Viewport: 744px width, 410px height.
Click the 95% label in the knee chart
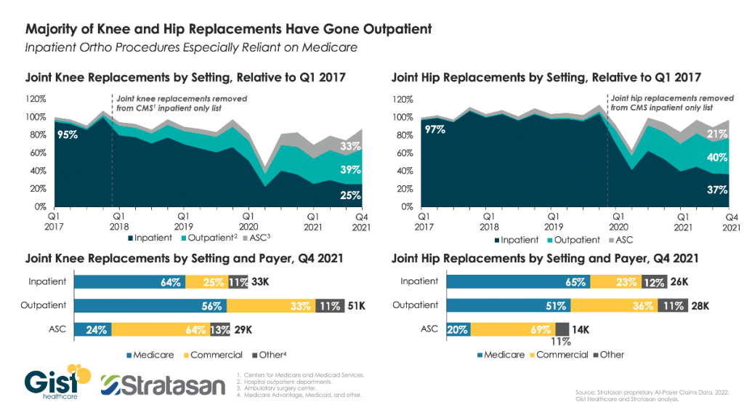[x=68, y=134]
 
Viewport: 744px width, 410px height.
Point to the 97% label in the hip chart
[x=434, y=129]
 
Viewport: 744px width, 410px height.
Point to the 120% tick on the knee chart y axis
[x=36, y=99]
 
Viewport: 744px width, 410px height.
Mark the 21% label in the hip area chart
[x=716, y=134]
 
